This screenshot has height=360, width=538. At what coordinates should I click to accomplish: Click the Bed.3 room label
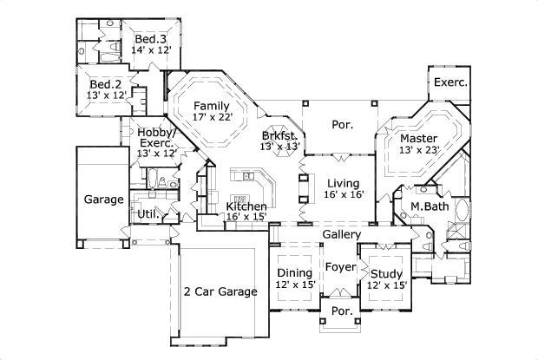click(x=150, y=39)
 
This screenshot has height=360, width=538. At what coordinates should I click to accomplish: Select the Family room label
click(x=212, y=106)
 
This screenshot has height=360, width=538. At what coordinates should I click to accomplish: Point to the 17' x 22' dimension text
click(x=212, y=118)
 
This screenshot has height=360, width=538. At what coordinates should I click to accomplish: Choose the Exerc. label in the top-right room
click(x=450, y=83)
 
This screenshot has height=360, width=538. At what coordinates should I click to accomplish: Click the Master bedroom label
click(x=417, y=138)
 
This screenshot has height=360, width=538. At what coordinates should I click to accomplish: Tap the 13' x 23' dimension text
click(x=417, y=150)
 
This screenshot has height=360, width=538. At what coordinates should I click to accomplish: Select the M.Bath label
click(x=427, y=206)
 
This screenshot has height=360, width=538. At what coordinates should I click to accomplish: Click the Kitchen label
click(x=246, y=206)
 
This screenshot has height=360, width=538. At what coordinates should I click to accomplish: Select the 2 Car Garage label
click(x=220, y=291)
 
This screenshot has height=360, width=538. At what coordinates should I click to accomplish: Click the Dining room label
click(x=294, y=272)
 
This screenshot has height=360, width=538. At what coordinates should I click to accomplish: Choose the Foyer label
click(x=341, y=267)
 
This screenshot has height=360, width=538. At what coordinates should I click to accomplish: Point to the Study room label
click(x=386, y=272)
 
